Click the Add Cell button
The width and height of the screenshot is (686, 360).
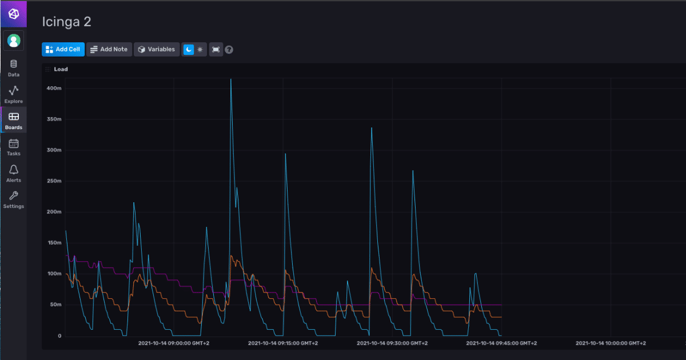click(x=63, y=50)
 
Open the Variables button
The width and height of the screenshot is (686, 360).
click(x=157, y=50)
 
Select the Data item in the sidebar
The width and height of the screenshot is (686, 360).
click(x=14, y=68)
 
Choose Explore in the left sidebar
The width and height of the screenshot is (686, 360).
click(x=14, y=94)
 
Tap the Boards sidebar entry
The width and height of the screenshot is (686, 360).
click(x=14, y=120)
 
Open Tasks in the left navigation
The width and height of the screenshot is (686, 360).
click(x=14, y=147)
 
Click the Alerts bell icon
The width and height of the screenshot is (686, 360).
click(x=14, y=170)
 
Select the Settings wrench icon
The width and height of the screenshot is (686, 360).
click(x=14, y=196)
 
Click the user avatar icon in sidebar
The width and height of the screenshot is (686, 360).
click(x=14, y=41)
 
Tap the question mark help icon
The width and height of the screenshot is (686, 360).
click(x=229, y=50)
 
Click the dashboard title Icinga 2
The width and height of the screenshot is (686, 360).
click(x=66, y=22)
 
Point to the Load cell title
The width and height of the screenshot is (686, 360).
click(x=61, y=69)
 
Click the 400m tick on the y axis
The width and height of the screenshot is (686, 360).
click(x=54, y=89)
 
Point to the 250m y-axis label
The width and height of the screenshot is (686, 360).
click(x=54, y=181)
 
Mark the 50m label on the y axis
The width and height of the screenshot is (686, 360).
click(x=55, y=305)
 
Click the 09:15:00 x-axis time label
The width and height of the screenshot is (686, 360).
click(x=282, y=343)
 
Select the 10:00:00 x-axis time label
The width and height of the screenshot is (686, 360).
click(x=611, y=343)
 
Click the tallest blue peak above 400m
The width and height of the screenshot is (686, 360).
click(x=231, y=79)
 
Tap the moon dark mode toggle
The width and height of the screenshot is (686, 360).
click(x=189, y=50)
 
